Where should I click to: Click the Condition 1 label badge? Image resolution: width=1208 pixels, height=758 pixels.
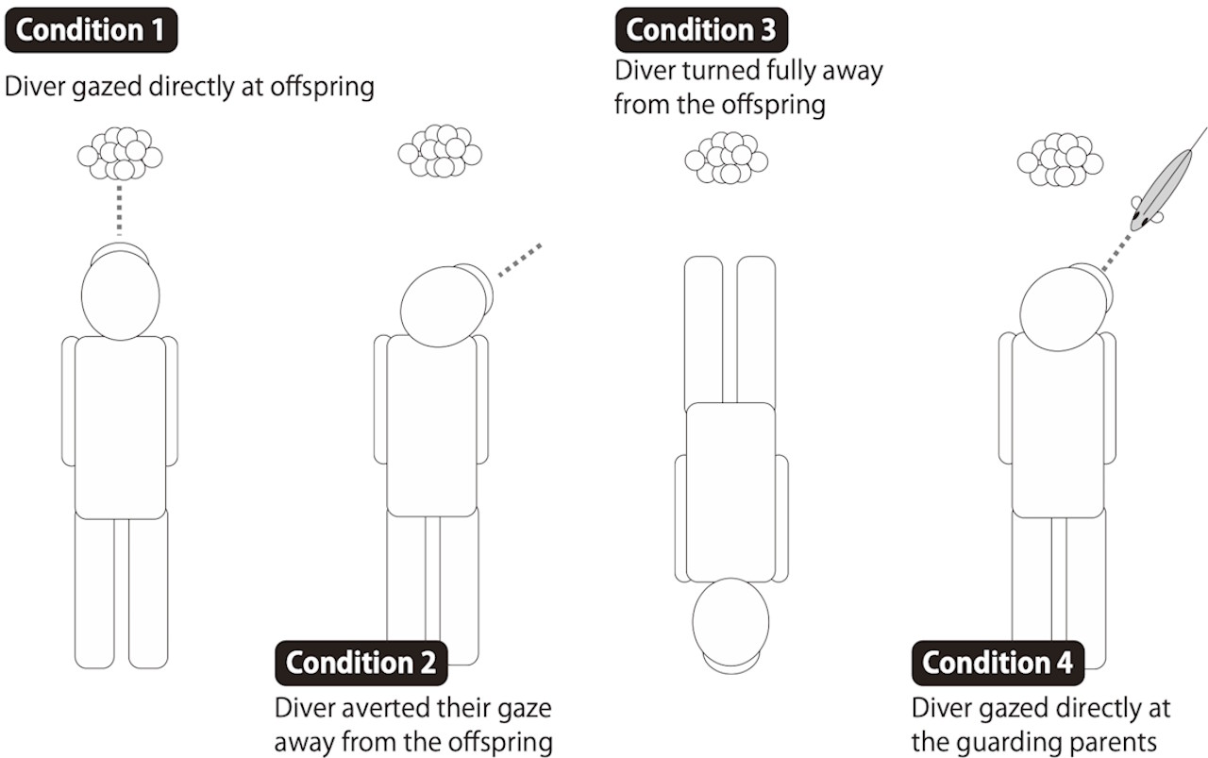coord(91,30)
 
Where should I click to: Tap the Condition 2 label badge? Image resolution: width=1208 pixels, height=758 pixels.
coord(361,663)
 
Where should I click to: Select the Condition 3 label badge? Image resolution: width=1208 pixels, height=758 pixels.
coord(701,30)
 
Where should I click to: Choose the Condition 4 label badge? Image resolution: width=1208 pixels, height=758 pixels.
coord(998,663)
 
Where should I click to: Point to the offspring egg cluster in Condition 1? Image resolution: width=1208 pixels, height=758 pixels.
coord(120,153)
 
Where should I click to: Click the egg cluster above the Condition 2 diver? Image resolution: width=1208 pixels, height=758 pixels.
coord(440,150)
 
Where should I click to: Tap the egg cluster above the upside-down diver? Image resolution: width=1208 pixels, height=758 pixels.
coord(726,157)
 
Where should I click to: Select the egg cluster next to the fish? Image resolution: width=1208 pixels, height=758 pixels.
coord(1060,159)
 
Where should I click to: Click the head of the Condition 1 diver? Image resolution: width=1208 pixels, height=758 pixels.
coord(120,294)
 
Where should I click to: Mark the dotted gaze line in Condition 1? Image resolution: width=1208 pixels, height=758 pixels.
coord(120,209)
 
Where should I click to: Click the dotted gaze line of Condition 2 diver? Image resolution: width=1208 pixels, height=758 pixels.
coord(519,261)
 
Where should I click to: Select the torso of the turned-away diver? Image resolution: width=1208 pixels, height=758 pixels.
coord(730,491)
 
